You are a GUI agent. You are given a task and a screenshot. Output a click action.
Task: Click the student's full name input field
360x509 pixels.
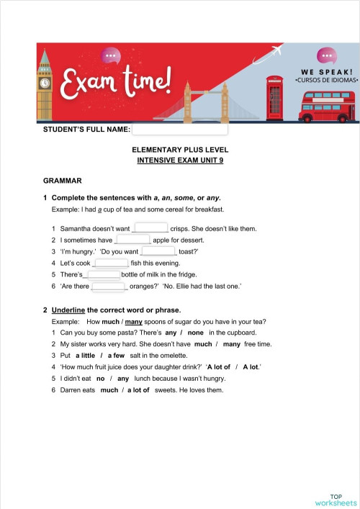pyautogui.click(x=180, y=130)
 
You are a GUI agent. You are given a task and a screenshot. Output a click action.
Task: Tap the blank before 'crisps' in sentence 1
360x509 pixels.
pyautogui.click(x=150, y=228)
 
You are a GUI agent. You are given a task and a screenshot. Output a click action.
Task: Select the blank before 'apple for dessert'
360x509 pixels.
pyautogui.click(x=132, y=240)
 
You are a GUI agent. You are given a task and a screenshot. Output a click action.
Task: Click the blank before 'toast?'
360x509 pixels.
pyautogui.click(x=158, y=251)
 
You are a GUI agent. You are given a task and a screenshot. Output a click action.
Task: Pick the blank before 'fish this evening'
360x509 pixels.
pyautogui.click(x=112, y=263)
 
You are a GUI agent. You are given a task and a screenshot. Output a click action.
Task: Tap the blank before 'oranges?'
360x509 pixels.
pyautogui.click(x=109, y=286)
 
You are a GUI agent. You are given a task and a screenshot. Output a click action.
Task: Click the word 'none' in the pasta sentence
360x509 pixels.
pyautogui.click(x=196, y=333)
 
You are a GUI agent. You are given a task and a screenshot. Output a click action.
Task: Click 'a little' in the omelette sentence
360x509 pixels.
pyautogui.click(x=85, y=356)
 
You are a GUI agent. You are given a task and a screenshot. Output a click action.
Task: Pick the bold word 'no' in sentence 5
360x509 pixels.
pyautogui.click(x=101, y=379)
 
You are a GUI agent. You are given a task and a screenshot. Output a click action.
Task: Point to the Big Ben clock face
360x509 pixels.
pyautogui.click(x=45, y=83)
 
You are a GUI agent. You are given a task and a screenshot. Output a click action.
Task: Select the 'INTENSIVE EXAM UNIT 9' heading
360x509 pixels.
pyautogui.click(x=180, y=161)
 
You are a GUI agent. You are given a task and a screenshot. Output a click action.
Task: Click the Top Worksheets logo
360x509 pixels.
pyautogui.click(x=335, y=499)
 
